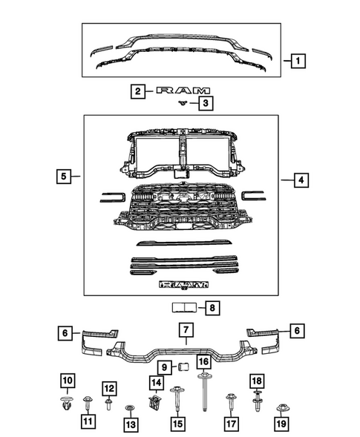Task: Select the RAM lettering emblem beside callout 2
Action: click(180, 92)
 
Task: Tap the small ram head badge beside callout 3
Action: click(180, 104)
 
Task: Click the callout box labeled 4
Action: click(301, 180)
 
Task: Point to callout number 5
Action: click(65, 177)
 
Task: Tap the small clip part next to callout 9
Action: click(179, 366)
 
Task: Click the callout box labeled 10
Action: click(68, 382)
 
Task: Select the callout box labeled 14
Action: click(155, 383)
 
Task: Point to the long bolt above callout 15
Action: click(178, 400)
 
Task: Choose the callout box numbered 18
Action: click(257, 381)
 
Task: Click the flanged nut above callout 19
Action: click(282, 408)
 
